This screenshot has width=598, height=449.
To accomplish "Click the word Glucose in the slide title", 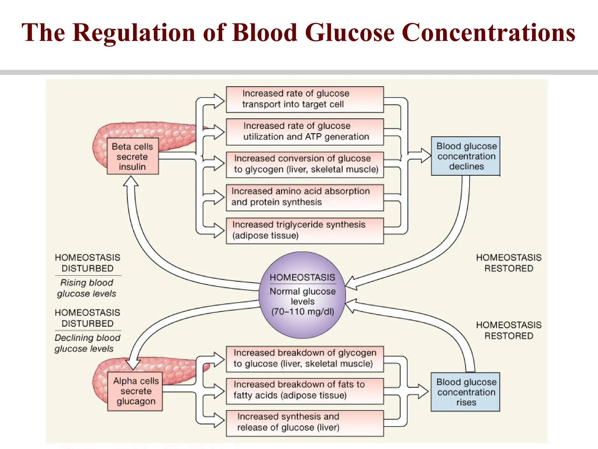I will click(x=350, y=32).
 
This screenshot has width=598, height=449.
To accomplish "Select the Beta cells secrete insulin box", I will click(x=133, y=156).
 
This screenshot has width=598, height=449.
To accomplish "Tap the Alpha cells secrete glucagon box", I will click(x=135, y=391).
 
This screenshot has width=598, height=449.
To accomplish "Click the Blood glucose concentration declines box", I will click(x=466, y=156).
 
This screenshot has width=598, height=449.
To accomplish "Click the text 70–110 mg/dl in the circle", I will click(x=303, y=312).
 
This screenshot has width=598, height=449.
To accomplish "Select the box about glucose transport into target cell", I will click(x=305, y=99).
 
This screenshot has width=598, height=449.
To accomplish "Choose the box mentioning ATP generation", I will click(x=305, y=132).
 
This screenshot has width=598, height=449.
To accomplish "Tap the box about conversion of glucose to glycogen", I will click(x=305, y=164).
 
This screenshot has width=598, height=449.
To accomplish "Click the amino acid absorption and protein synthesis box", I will click(x=305, y=197).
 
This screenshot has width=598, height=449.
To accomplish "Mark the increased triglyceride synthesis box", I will click(x=305, y=230).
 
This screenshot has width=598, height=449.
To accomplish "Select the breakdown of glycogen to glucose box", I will click(x=305, y=359).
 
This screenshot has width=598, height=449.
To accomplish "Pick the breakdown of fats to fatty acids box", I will click(x=305, y=391).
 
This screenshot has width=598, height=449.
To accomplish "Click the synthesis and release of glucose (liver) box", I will click(x=305, y=423).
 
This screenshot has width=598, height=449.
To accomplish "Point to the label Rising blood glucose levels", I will click(x=87, y=288).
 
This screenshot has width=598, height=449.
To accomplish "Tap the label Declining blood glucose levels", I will click(x=87, y=343).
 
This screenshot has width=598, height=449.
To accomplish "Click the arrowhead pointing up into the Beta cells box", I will click(x=131, y=182).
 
